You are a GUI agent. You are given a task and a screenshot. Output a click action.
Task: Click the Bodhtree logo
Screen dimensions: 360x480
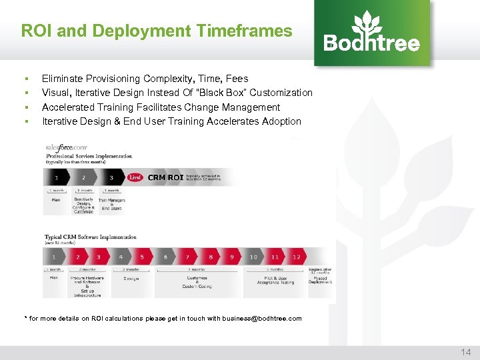coord(372,33)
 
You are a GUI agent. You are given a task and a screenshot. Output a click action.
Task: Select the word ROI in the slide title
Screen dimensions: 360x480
coord(36,31)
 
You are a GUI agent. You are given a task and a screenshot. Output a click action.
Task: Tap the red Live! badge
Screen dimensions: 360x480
coord(135,177)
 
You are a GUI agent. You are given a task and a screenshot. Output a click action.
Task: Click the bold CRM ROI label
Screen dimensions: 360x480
coord(165,177)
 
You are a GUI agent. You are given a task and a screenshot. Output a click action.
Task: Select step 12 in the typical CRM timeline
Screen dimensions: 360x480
coord(296,257)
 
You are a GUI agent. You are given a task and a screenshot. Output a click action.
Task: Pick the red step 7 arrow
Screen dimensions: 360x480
coord(188,257)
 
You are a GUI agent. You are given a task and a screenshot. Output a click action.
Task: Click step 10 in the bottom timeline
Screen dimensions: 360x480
coord(253,257)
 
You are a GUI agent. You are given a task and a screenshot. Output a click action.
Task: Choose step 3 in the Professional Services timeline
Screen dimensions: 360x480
coord(112,177)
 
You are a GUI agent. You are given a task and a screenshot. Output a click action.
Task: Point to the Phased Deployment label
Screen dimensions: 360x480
coord(320,280)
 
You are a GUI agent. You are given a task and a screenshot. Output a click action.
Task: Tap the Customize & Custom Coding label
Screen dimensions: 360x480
coord(197,282)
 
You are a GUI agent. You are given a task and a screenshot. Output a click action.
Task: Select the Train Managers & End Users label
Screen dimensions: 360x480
coord(111,204)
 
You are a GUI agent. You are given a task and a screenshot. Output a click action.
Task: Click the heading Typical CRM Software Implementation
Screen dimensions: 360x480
coord(90,237)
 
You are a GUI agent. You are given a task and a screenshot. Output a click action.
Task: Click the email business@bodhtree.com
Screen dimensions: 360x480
coord(262,319)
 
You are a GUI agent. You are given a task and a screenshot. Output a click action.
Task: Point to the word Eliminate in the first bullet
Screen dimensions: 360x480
coord(61,79)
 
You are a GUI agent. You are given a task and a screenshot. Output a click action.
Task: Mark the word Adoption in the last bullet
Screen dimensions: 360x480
coord(283,121)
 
